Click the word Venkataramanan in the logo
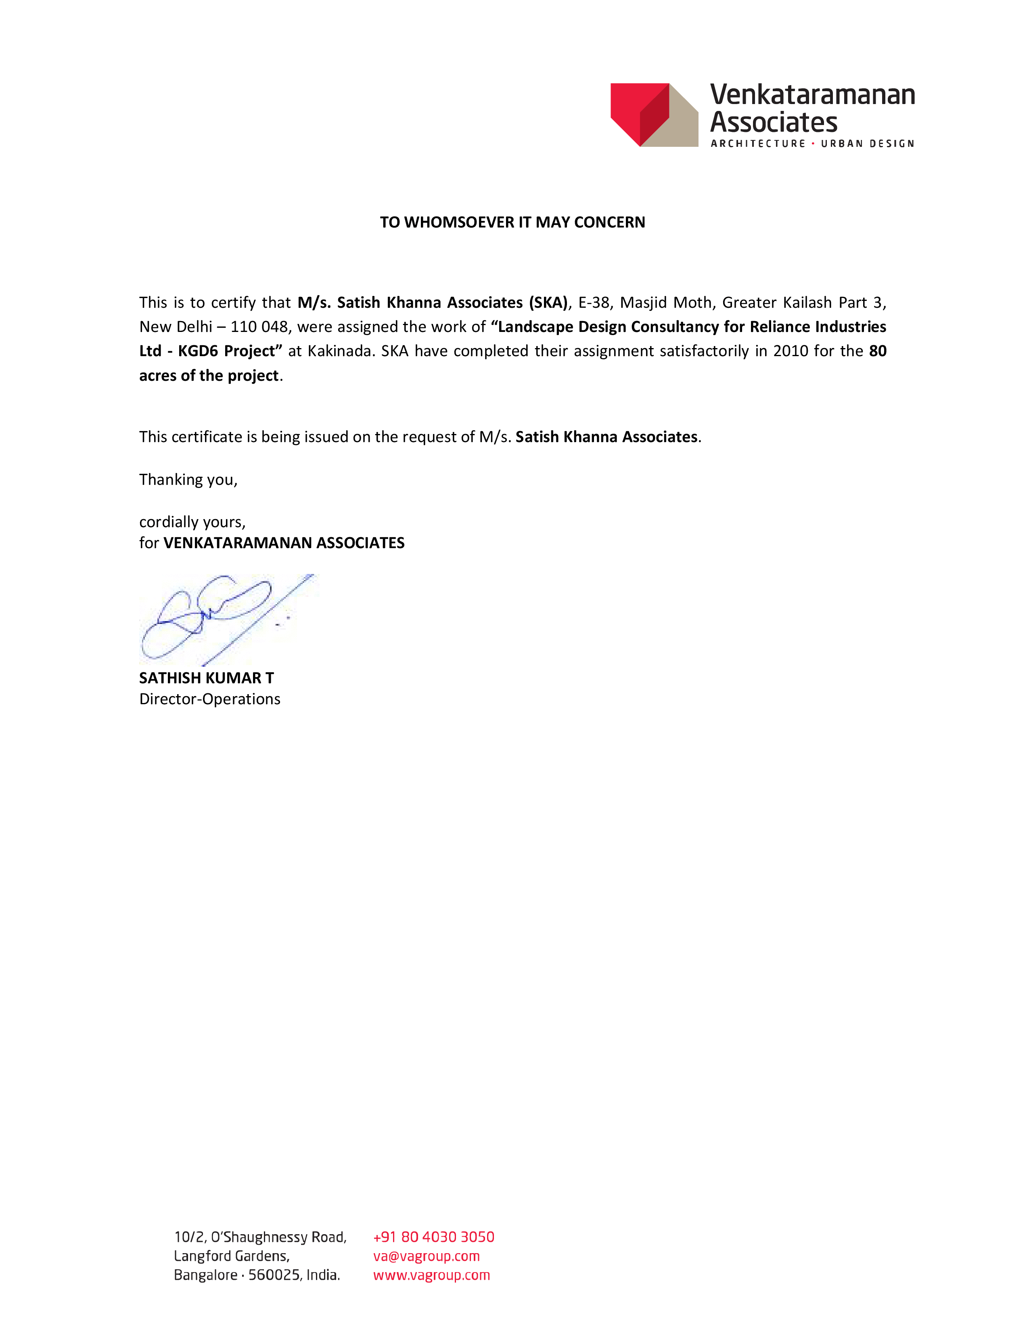[812, 95]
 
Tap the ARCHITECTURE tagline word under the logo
[758, 144]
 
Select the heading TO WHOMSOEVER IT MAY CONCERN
[512, 223]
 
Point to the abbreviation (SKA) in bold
[548, 303]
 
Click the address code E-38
[594, 303]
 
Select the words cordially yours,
[192, 522]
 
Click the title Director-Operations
[210, 699]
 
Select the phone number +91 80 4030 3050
[433, 1237]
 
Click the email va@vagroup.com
[426, 1256]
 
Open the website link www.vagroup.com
[431, 1275]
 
